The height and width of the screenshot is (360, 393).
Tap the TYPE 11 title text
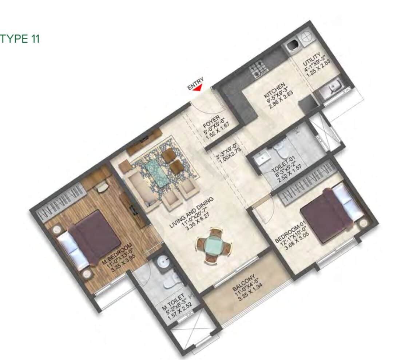(20, 39)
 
